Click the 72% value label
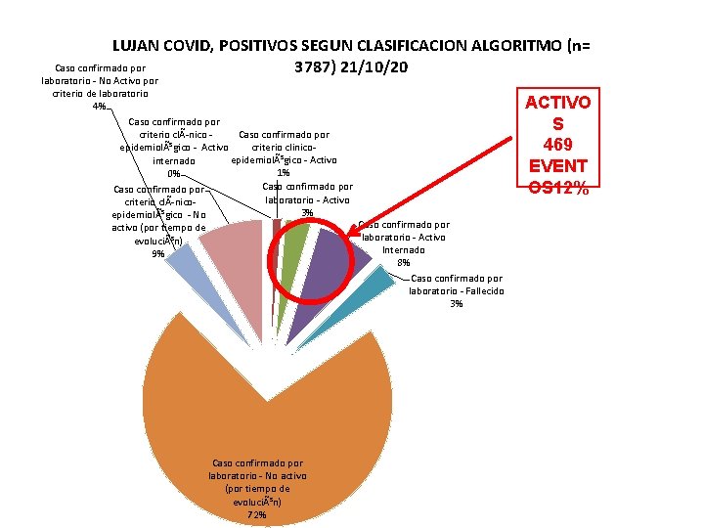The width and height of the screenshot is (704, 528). click(256, 514)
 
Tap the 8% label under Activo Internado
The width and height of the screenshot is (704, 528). click(404, 262)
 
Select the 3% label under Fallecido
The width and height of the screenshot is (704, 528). click(457, 303)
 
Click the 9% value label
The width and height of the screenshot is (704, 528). click(158, 254)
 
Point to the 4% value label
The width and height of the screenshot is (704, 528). click(99, 106)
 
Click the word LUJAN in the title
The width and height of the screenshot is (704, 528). click(135, 45)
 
